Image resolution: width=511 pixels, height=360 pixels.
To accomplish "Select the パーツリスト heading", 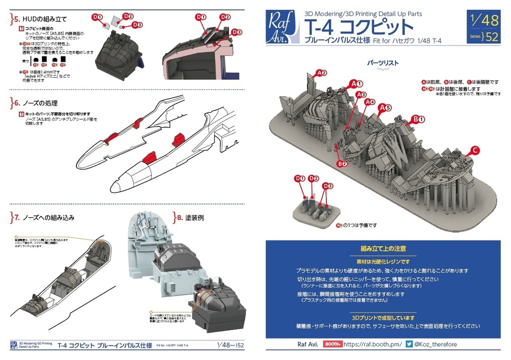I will (x=383, y=64).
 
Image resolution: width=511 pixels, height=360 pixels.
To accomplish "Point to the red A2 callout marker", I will (x=321, y=73).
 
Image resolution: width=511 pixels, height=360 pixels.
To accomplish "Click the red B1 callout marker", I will (x=417, y=119).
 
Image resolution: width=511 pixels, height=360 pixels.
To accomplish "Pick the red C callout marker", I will (x=475, y=151).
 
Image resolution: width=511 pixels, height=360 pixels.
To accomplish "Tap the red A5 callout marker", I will (x=385, y=107).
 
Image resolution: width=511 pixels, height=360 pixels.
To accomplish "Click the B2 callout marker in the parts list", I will (x=341, y=163).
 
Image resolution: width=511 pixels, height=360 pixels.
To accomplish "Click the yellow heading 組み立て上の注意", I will (x=383, y=248).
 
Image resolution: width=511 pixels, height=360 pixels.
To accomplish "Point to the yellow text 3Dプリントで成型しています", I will (x=383, y=318).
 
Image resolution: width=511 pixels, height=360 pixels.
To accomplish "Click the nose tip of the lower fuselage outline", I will (x=112, y=188).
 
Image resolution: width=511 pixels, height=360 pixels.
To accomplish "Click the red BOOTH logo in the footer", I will (x=332, y=344).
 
